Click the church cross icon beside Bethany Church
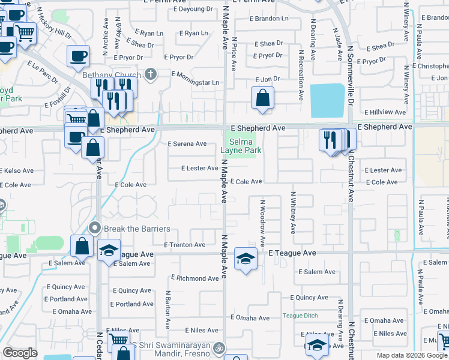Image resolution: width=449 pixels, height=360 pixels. coord(150,74)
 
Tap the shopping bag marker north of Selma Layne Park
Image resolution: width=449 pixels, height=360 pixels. coord(262,98)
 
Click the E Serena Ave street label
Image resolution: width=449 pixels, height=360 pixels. coord(187,144)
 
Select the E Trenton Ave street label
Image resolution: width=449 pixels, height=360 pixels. coord(185,245)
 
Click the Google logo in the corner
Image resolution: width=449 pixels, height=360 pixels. coord(20,353)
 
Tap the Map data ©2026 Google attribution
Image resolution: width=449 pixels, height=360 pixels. coord(411,355)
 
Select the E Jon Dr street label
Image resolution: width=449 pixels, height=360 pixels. coord(267,79)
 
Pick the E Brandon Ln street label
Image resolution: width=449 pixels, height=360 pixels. coord(271,19)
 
